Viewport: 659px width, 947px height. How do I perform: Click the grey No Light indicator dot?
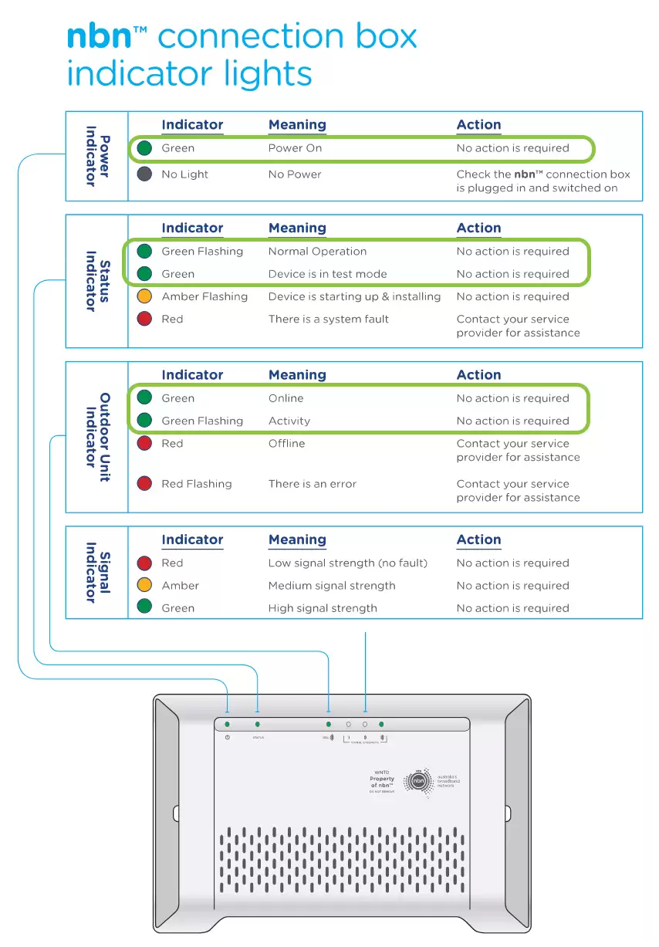pyautogui.click(x=144, y=174)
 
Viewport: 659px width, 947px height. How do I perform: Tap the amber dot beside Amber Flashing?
pyautogui.click(x=144, y=296)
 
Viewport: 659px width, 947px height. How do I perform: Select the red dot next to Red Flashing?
pyautogui.click(x=144, y=484)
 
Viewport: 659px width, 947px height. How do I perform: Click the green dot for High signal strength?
pyautogui.click(x=144, y=608)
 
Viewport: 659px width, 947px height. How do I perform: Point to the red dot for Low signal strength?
pyautogui.click(x=144, y=563)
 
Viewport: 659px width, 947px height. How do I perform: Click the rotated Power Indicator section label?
pyautogui.click(x=97, y=156)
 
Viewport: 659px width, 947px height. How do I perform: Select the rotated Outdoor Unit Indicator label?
pyautogui.click(x=97, y=438)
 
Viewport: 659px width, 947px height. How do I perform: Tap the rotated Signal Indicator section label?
pyautogui.click(x=97, y=572)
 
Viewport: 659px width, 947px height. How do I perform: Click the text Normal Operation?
pyautogui.click(x=317, y=252)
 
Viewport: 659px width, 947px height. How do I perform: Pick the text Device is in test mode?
pyautogui.click(x=327, y=274)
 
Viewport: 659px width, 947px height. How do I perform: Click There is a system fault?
pyautogui.click(x=328, y=320)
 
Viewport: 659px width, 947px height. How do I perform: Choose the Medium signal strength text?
pyautogui.click(x=332, y=586)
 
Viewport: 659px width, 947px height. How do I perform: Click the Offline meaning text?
pyautogui.click(x=286, y=444)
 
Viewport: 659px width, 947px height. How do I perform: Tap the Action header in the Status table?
pyautogui.click(x=478, y=228)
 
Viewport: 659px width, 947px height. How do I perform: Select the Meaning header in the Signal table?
pyautogui.click(x=297, y=540)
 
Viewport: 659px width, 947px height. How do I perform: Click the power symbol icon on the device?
pyautogui.click(x=227, y=738)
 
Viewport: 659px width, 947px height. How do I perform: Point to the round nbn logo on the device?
pyautogui.click(x=419, y=781)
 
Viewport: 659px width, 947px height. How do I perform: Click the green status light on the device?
pyautogui.click(x=257, y=725)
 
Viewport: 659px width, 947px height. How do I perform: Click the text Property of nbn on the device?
pyautogui.click(x=382, y=782)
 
